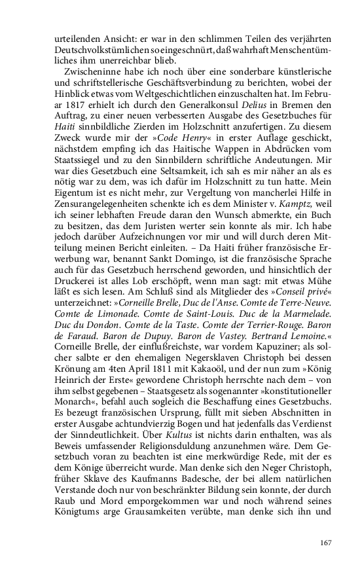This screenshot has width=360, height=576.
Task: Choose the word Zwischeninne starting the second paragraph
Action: point(90,68)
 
